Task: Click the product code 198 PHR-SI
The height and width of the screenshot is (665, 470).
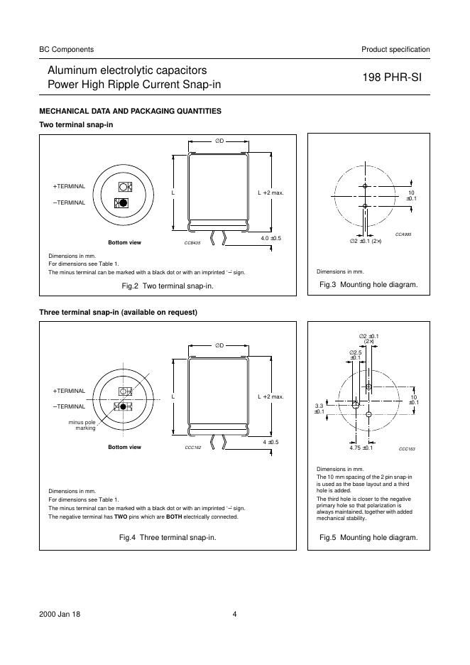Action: point(391,78)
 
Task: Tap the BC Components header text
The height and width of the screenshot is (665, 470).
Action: point(66,49)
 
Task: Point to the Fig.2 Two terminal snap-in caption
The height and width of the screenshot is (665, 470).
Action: point(168,286)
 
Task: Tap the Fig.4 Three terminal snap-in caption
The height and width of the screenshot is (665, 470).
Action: point(168,537)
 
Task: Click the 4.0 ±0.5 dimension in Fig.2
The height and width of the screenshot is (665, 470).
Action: point(271,238)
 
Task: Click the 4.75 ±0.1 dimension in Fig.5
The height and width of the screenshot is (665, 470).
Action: point(361,448)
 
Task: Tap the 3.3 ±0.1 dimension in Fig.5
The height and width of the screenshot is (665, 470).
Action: point(319,408)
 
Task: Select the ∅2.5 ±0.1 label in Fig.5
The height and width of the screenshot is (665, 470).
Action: point(355,355)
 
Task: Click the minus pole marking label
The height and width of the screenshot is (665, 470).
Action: point(81,425)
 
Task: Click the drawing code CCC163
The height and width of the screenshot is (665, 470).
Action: point(406,449)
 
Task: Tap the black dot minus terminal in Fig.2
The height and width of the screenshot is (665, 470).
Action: point(124,202)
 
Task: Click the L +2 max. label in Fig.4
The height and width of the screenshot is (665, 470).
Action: point(270,396)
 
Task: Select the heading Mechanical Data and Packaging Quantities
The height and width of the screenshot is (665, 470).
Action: point(130,111)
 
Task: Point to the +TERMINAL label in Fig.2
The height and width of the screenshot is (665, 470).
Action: point(69,186)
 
